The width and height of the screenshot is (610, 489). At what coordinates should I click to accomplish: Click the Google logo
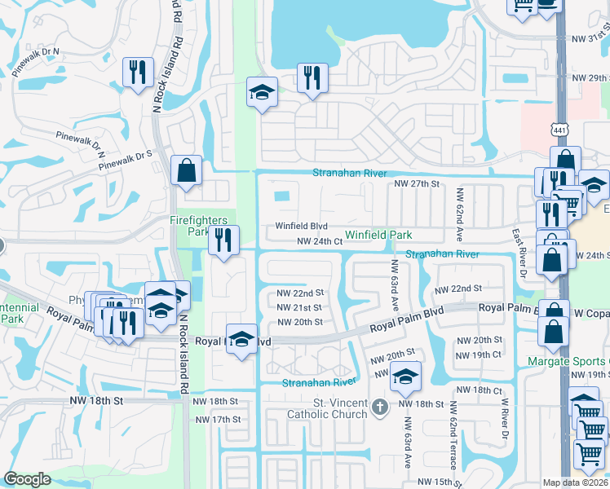[x=27, y=479]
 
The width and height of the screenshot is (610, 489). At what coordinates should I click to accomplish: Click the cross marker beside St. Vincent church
[x=378, y=407]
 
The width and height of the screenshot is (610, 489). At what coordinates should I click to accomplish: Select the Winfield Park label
[x=378, y=235]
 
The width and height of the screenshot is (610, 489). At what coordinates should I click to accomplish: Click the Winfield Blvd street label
[x=301, y=226]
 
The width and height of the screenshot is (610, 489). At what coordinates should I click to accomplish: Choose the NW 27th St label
[x=417, y=184]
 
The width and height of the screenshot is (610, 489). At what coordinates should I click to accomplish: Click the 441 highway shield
[x=559, y=130]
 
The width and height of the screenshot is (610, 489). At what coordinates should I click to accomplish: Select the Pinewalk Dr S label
[x=126, y=160]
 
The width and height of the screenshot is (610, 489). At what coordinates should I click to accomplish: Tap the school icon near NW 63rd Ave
[x=404, y=377]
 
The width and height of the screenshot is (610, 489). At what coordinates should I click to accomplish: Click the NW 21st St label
[x=300, y=307]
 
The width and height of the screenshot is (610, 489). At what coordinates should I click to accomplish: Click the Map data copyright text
[x=576, y=482]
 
